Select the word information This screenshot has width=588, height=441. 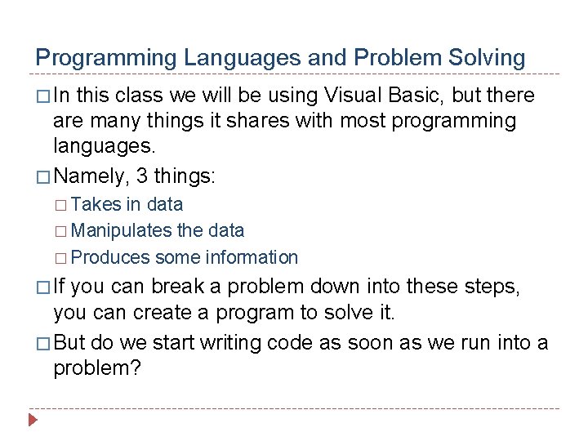click(252, 258)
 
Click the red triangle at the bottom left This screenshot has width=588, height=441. click(33, 422)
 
